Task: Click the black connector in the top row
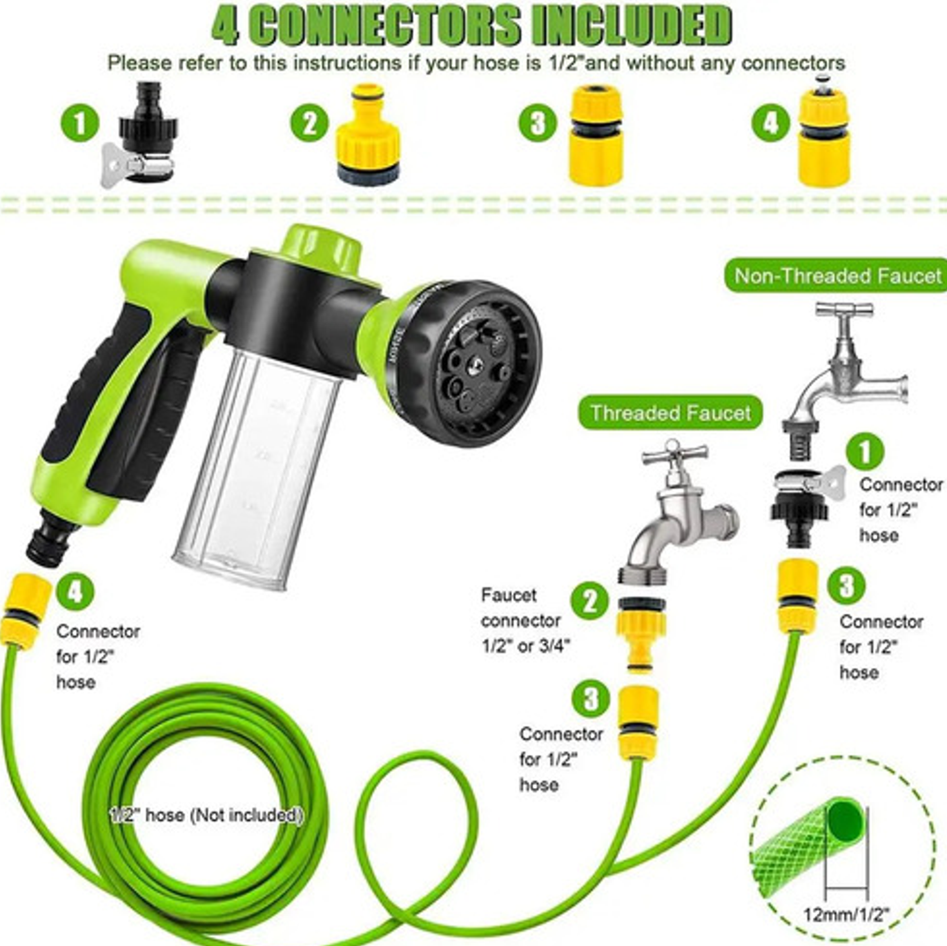pos(140,133)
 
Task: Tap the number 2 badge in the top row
pos(309,123)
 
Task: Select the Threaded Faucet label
pos(670,413)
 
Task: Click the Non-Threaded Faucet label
pos(836,275)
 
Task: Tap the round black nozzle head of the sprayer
pos(469,363)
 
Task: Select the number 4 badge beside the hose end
pos(75,592)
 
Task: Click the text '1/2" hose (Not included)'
pos(206,815)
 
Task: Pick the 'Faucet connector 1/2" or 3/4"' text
pos(526,620)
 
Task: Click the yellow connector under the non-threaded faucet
pos(797,596)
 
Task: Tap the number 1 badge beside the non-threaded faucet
pos(864,451)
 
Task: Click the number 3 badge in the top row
pos(538,123)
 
